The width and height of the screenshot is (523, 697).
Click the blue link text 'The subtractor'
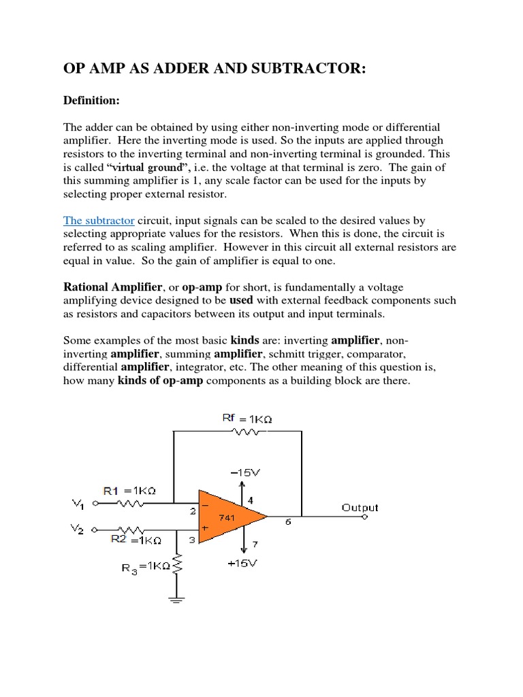[x=99, y=221]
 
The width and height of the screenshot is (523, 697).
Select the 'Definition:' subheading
[x=91, y=101]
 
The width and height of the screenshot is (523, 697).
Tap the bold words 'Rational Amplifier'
[x=110, y=288]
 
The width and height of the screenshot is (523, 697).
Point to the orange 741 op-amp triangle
[x=229, y=517]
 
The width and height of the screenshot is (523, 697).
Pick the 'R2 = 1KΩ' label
[x=136, y=540]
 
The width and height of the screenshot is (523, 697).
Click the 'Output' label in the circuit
[x=360, y=508]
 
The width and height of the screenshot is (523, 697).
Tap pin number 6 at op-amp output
[x=287, y=522]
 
